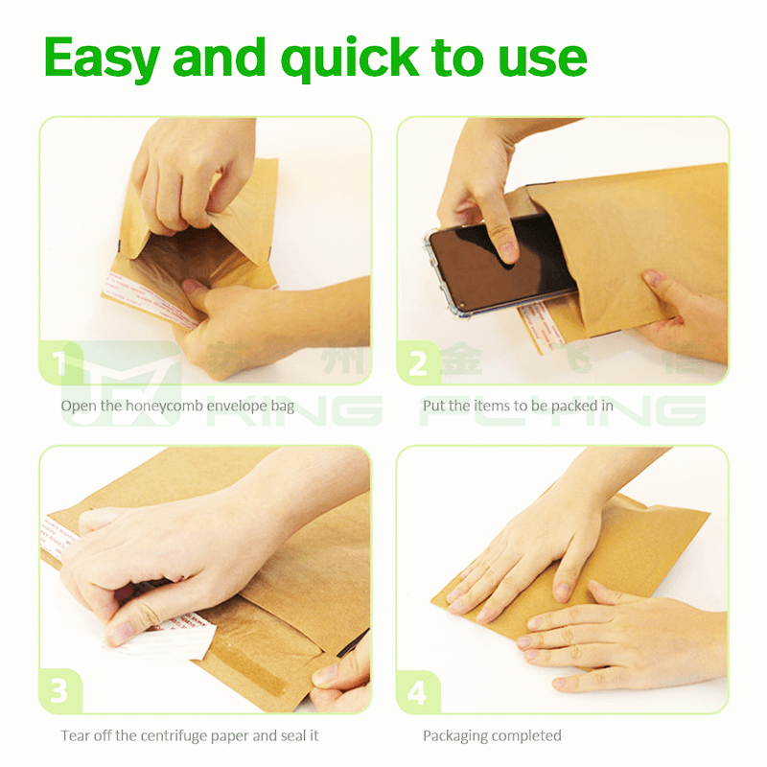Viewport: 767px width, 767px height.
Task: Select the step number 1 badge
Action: coord(59,364)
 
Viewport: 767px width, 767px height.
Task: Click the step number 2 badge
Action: coord(418,364)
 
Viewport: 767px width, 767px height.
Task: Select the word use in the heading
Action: coord(546,59)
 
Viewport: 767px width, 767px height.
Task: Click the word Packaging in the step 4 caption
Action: coord(455,735)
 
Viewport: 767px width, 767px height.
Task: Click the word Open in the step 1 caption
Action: coord(78,406)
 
